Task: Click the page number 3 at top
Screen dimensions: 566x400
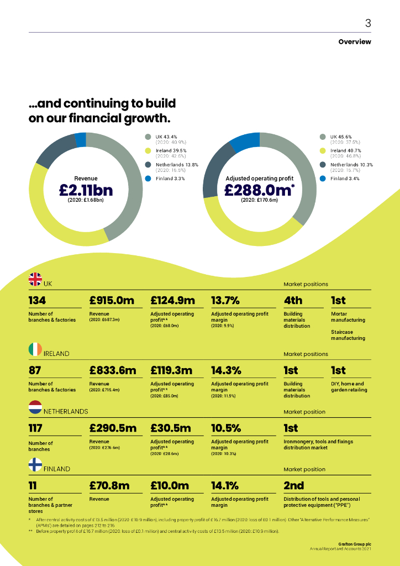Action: [368, 23]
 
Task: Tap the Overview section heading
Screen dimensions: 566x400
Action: [355, 42]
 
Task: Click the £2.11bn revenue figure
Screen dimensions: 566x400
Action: [86, 190]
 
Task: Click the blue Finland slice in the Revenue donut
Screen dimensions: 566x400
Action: [81, 139]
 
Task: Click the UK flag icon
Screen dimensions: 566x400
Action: [35, 280]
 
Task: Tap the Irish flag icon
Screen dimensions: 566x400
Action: [35, 349]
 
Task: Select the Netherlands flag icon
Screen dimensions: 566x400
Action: [35, 407]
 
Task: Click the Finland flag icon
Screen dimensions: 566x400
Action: [35, 465]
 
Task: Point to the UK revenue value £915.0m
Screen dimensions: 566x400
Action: [112, 300]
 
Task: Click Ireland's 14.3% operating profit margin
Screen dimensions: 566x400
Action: [226, 370]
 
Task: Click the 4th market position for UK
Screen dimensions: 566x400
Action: [293, 300]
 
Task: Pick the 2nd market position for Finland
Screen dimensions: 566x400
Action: [293, 485]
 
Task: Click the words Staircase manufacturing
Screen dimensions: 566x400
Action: [348, 335]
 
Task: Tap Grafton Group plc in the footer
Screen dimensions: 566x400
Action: [354, 543]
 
